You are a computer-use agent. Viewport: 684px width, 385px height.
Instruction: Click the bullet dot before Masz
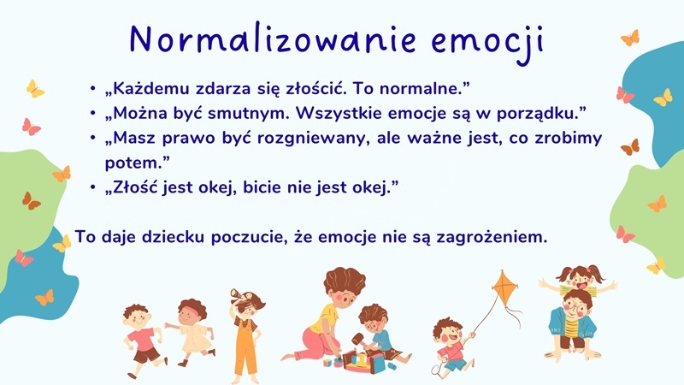tap(93, 138)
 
